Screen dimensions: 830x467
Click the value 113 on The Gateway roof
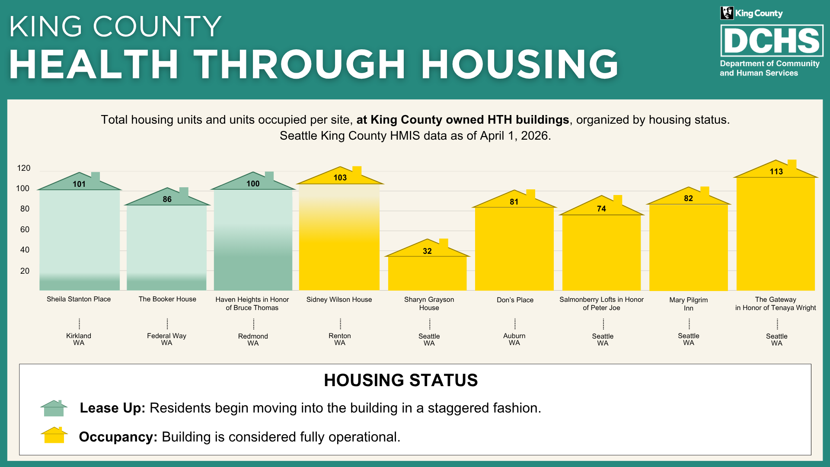pos(776,172)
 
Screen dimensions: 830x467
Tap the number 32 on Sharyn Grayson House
pos(427,251)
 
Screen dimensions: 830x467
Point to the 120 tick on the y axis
pos(24,168)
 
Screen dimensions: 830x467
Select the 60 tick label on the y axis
pos(25,230)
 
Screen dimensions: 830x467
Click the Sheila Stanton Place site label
pos(79,299)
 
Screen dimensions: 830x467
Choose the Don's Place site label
pos(515,300)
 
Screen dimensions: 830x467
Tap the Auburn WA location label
pos(514,339)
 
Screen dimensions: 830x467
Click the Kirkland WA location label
pos(79,339)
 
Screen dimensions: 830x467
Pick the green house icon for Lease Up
pos(54,408)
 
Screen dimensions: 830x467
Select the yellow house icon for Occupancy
pos(54,435)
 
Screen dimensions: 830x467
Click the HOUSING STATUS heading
pos(401,381)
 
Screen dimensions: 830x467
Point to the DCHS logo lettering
pos(772,41)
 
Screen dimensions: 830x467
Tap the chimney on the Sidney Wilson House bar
pos(357,171)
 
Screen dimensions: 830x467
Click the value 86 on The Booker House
pos(167,199)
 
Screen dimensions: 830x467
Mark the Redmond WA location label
pos(253,339)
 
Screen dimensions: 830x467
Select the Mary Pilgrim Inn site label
pos(689,304)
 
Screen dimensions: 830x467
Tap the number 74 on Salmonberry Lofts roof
pos(601,209)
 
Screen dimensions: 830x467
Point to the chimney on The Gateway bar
pos(792,164)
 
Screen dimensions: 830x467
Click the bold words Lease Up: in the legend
pos(112,408)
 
